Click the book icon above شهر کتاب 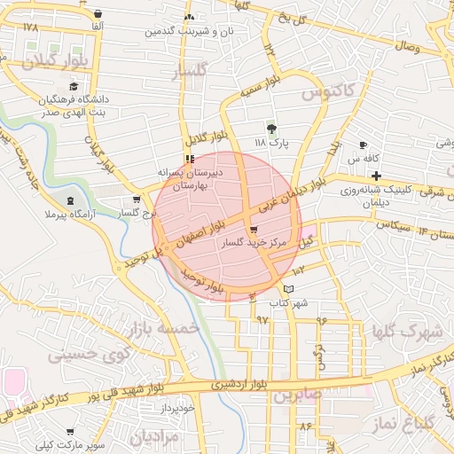[287, 290]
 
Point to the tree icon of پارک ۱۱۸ [271, 129]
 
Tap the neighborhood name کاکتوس [327, 90]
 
